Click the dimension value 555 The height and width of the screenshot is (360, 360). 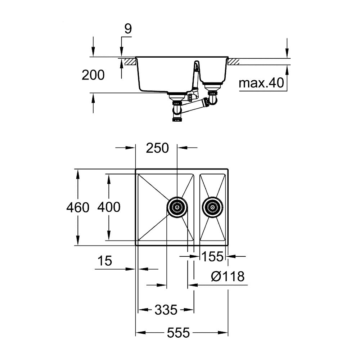coord(178,333)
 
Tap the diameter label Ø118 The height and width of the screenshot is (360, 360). coord(228,276)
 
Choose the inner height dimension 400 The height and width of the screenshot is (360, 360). coord(109,207)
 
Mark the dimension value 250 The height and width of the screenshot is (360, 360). coord(157,148)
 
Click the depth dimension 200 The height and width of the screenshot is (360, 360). coord(93,75)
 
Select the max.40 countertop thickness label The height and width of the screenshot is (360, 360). coord(261,84)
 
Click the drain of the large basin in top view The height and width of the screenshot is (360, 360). coord(177,207)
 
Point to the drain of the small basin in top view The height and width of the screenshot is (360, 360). coord(212,207)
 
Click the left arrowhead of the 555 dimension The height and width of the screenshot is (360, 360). coord(138,333)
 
